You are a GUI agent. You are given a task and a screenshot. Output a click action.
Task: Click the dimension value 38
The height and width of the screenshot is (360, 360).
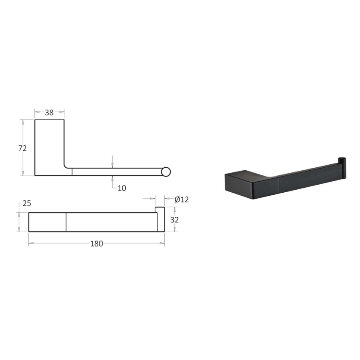pos(49,113)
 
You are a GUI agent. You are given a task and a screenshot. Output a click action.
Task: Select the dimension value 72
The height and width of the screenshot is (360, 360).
pos(22,148)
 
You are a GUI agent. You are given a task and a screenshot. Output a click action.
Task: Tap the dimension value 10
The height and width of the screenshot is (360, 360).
pos(122,188)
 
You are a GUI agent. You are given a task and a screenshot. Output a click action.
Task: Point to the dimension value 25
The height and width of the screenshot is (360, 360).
pos(27,203)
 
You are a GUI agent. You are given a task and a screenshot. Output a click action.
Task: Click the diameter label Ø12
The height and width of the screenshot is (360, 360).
pos(181,199)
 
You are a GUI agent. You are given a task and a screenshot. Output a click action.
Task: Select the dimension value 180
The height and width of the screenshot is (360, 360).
pos(97,244)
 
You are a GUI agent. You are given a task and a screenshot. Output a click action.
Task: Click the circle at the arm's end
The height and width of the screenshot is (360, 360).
pos(166,172)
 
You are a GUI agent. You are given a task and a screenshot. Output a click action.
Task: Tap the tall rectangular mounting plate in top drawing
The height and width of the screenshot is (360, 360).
pos(49,146)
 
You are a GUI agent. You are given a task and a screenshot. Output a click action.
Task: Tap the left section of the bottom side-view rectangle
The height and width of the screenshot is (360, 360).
pos(47,222)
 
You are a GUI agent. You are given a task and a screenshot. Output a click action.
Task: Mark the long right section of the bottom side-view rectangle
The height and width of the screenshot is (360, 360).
pos(112,222)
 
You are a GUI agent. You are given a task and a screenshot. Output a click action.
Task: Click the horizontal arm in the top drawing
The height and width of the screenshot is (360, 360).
pos(116,172)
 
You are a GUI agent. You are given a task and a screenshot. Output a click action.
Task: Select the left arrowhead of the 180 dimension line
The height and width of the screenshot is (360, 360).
pos(30,243)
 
